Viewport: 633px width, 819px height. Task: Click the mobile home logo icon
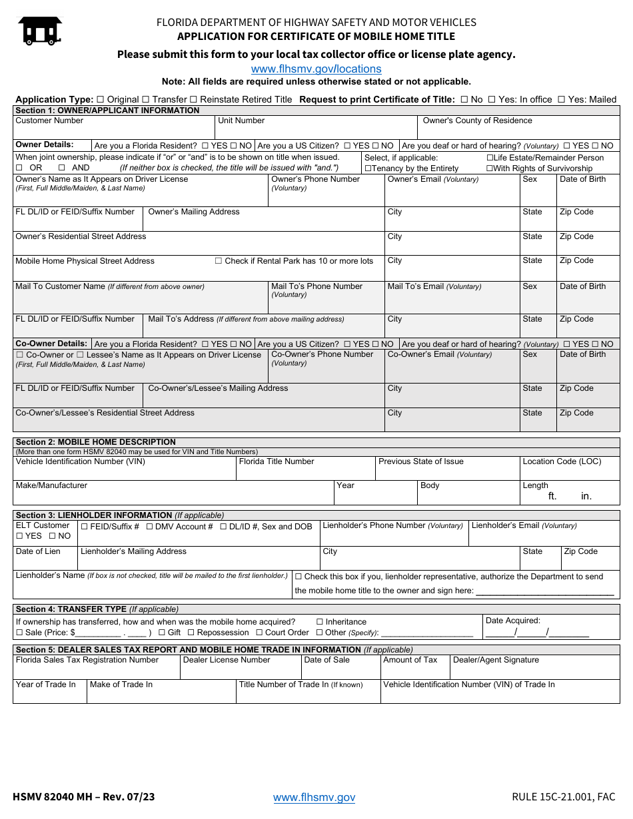tap(40, 31)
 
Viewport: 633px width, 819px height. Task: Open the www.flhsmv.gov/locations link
tap(316, 69)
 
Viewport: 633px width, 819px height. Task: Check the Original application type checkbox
tap(101, 99)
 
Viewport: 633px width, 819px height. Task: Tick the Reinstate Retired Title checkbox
tap(193, 99)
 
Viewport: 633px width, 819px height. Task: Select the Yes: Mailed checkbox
tap(561, 99)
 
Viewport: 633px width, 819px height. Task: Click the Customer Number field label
tap(49, 121)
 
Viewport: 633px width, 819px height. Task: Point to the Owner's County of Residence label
tap(477, 121)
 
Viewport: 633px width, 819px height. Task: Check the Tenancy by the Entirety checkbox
tap(368, 168)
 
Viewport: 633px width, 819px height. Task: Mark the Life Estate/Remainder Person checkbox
tap(490, 158)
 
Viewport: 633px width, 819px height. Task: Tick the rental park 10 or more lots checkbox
tap(219, 261)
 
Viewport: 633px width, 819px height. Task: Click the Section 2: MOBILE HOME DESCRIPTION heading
tap(95, 442)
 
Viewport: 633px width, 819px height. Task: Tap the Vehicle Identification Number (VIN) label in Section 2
tap(80, 461)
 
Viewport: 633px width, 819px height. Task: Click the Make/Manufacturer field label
tap(51, 485)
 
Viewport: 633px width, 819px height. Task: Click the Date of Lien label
tap(38, 551)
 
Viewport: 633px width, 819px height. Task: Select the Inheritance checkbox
tap(320, 622)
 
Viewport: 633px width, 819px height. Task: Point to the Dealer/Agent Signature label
tap(496, 660)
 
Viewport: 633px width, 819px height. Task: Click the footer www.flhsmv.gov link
tap(314, 798)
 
